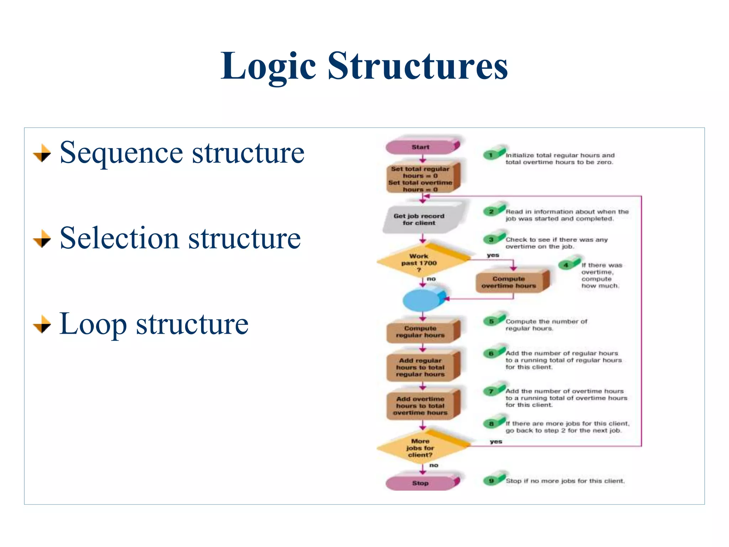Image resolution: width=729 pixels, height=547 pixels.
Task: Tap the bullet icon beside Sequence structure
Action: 42,153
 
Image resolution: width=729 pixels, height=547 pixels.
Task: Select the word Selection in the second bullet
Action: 119,238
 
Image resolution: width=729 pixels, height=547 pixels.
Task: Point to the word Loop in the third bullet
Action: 93,323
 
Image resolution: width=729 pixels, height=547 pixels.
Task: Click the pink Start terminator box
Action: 421,147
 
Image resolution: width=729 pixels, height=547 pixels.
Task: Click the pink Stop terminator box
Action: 421,483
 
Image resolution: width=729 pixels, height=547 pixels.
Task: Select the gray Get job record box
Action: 420,219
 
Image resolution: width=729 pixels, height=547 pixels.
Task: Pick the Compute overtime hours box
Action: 509,282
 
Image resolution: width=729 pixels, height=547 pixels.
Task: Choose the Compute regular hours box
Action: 421,332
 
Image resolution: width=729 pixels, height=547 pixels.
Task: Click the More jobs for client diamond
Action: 420,448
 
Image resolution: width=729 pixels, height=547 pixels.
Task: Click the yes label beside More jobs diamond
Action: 496,442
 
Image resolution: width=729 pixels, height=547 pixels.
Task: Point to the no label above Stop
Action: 434,465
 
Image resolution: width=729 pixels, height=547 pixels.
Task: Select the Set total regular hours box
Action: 421,179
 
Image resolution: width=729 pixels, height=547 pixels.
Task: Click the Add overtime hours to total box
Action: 421,406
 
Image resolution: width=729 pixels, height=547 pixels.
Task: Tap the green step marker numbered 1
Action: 491,155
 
